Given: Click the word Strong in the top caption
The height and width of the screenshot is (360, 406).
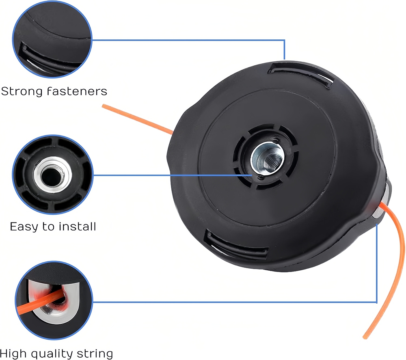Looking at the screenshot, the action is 22,92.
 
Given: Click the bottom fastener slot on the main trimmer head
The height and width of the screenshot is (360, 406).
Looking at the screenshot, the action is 235,245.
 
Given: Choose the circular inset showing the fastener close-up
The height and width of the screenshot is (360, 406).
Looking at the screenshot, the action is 52,39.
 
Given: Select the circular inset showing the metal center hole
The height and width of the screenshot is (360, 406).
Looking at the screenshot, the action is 52,175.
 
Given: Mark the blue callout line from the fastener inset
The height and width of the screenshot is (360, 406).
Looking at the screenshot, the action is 188,40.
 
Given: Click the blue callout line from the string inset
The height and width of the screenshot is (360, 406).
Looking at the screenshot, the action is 234,302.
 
